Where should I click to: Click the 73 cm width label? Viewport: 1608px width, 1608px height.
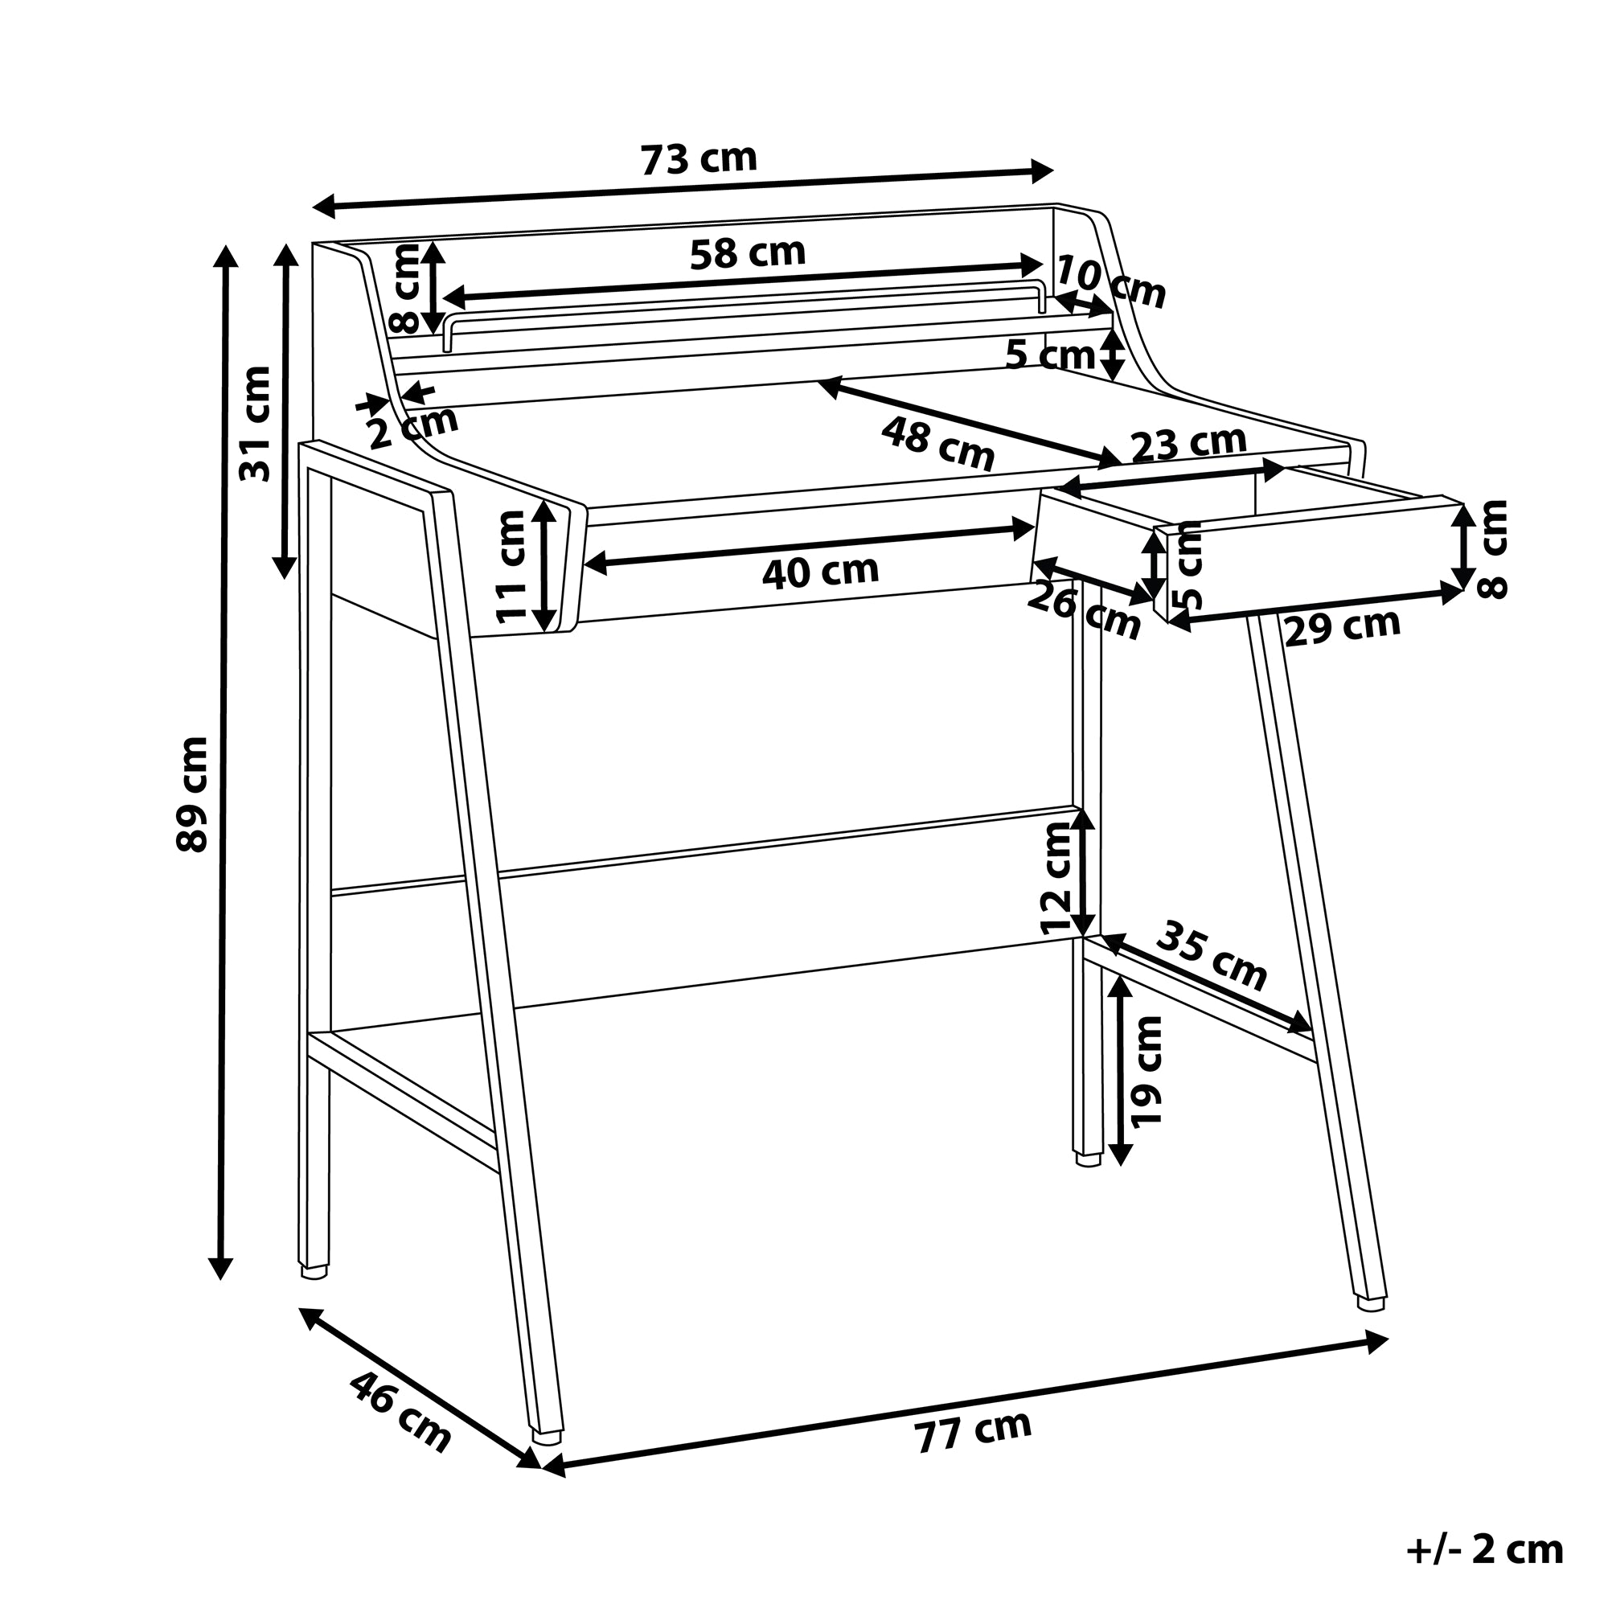click(699, 159)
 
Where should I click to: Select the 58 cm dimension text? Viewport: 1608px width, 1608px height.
click(748, 253)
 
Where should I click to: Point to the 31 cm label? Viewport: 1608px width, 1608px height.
click(255, 424)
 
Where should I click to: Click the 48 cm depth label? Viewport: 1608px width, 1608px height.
click(938, 444)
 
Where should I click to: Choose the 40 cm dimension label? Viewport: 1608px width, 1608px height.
click(820, 572)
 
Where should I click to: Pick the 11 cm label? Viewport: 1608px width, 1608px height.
click(511, 566)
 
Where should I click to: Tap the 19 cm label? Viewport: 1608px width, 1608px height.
click(1148, 1070)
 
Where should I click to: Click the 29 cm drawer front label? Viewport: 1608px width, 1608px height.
click(1343, 626)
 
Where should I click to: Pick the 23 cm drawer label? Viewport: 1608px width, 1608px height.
click(1188, 443)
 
